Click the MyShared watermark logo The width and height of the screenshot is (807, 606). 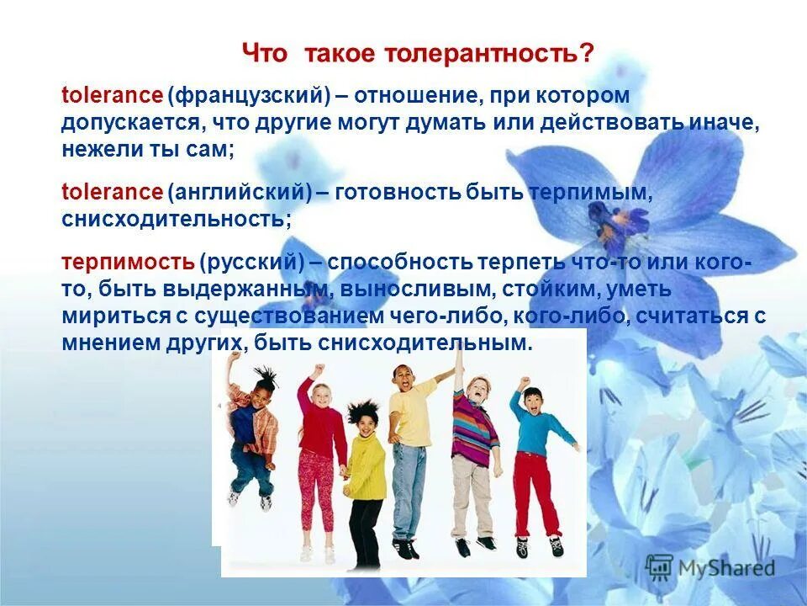(x=710, y=566)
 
